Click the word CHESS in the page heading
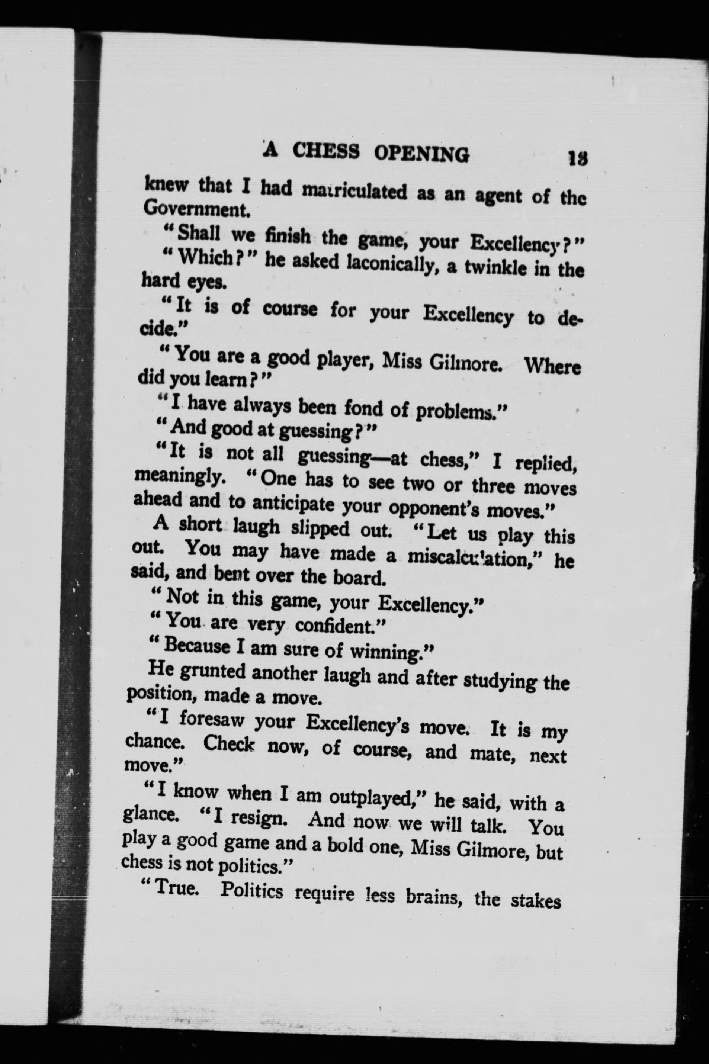(x=326, y=151)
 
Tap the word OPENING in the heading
(x=421, y=154)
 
